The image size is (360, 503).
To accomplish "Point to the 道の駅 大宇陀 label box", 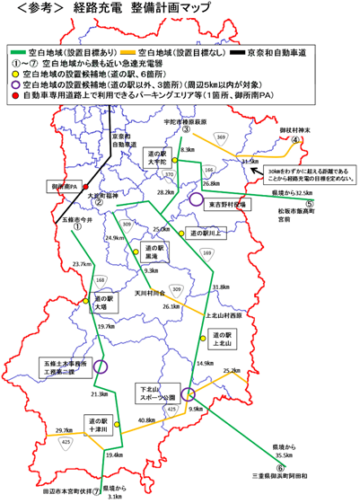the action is pyautogui.click(x=159, y=158).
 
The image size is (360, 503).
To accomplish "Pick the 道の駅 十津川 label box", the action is pyautogui.click(x=98, y=424).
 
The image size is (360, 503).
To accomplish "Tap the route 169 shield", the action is pyautogui.click(x=208, y=253).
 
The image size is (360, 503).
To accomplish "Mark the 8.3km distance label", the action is pyautogui.click(x=188, y=149).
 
